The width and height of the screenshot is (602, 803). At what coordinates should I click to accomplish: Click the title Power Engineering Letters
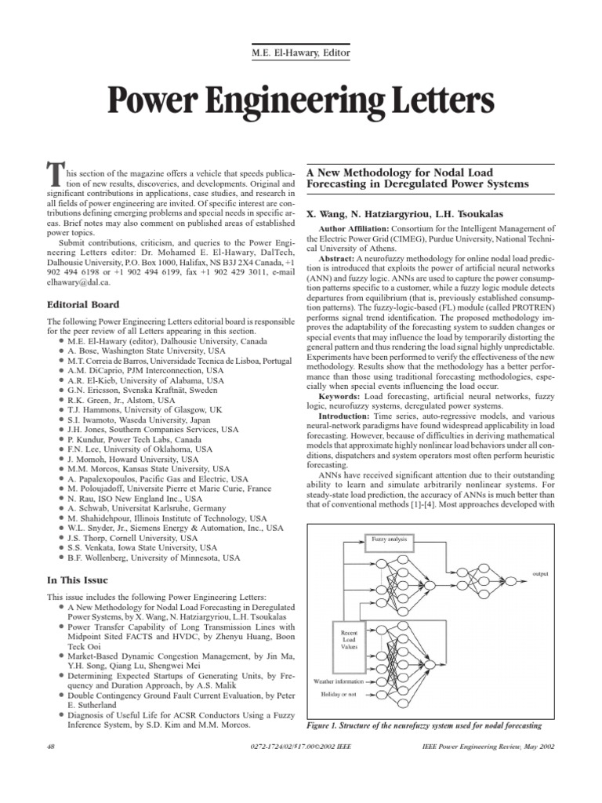click(x=301, y=101)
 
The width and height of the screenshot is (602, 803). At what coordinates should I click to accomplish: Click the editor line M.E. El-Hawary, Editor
click(x=301, y=53)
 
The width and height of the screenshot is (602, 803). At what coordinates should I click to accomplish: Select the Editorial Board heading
click(x=83, y=304)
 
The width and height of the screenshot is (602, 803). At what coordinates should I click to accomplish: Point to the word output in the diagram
click(x=542, y=573)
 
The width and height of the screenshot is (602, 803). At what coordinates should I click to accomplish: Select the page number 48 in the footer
click(x=52, y=747)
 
